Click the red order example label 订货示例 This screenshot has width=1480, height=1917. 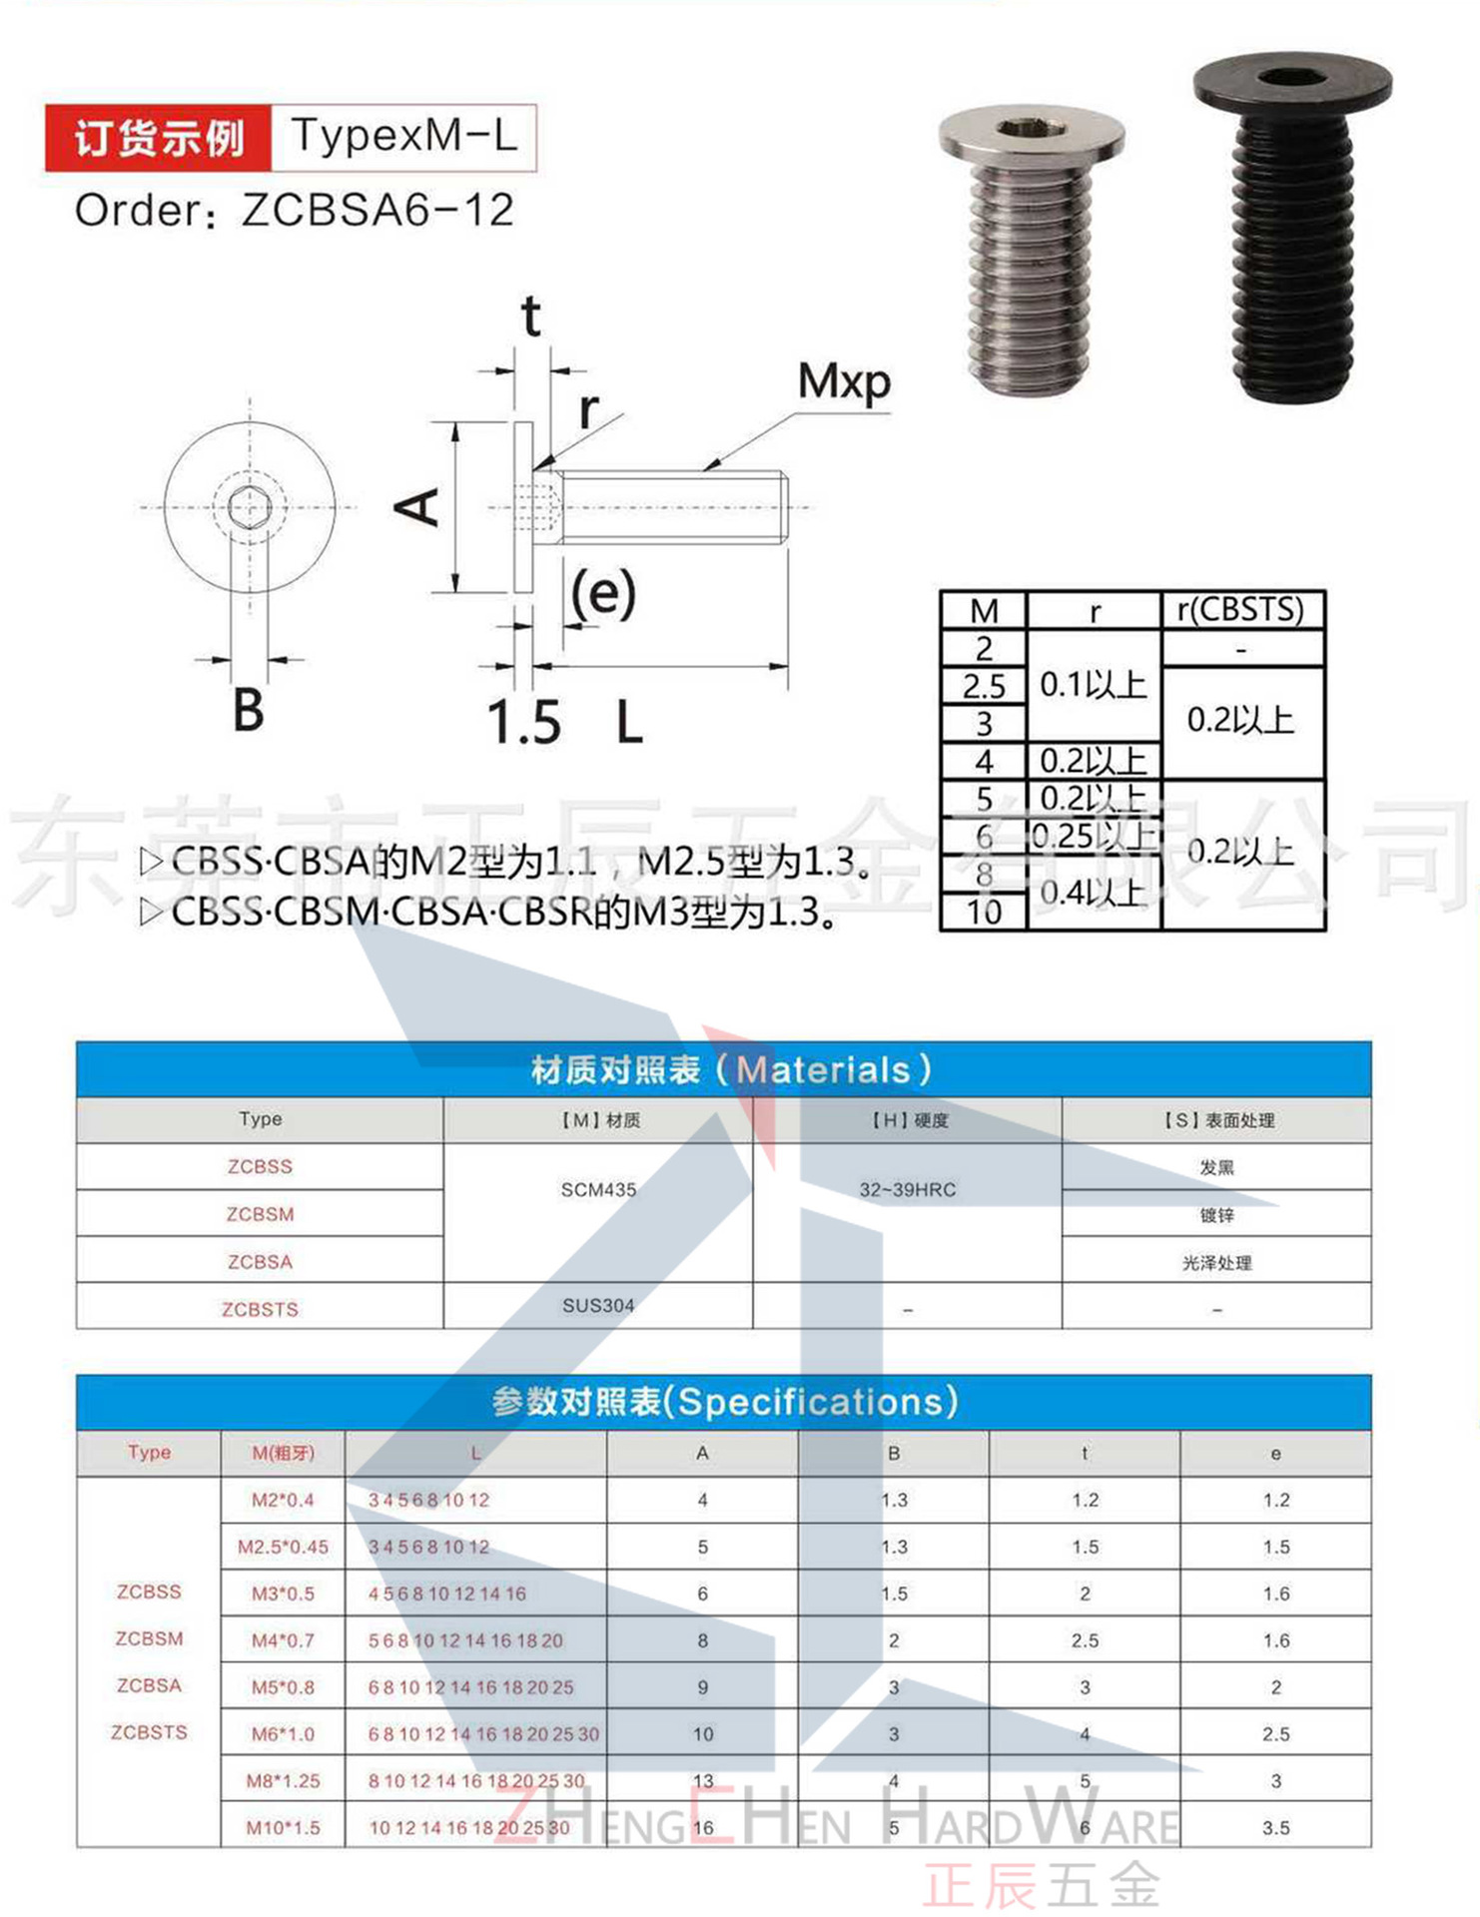tap(159, 138)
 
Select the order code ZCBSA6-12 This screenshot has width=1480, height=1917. tap(377, 211)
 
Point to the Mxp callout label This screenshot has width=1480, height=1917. tap(844, 381)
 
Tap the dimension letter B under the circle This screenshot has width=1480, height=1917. tap(249, 711)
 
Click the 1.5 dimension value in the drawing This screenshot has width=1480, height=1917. tap(524, 722)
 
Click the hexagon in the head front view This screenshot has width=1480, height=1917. tap(249, 507)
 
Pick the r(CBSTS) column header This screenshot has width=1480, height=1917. tap(1241, 609)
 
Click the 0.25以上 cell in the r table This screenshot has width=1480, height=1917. tap(1093, 835)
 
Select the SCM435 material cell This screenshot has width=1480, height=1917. tap(598, 1189)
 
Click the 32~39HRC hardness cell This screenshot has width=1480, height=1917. tap(907, 1189)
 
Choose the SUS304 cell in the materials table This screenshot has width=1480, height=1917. tap(598, 1306)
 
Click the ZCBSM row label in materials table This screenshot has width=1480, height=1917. tap(260, 1214)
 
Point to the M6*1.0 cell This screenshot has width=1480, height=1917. tap(283, 1734)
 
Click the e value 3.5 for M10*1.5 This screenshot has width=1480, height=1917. tap(1275, 1828)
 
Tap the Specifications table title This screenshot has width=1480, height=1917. tap(724, 1402)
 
